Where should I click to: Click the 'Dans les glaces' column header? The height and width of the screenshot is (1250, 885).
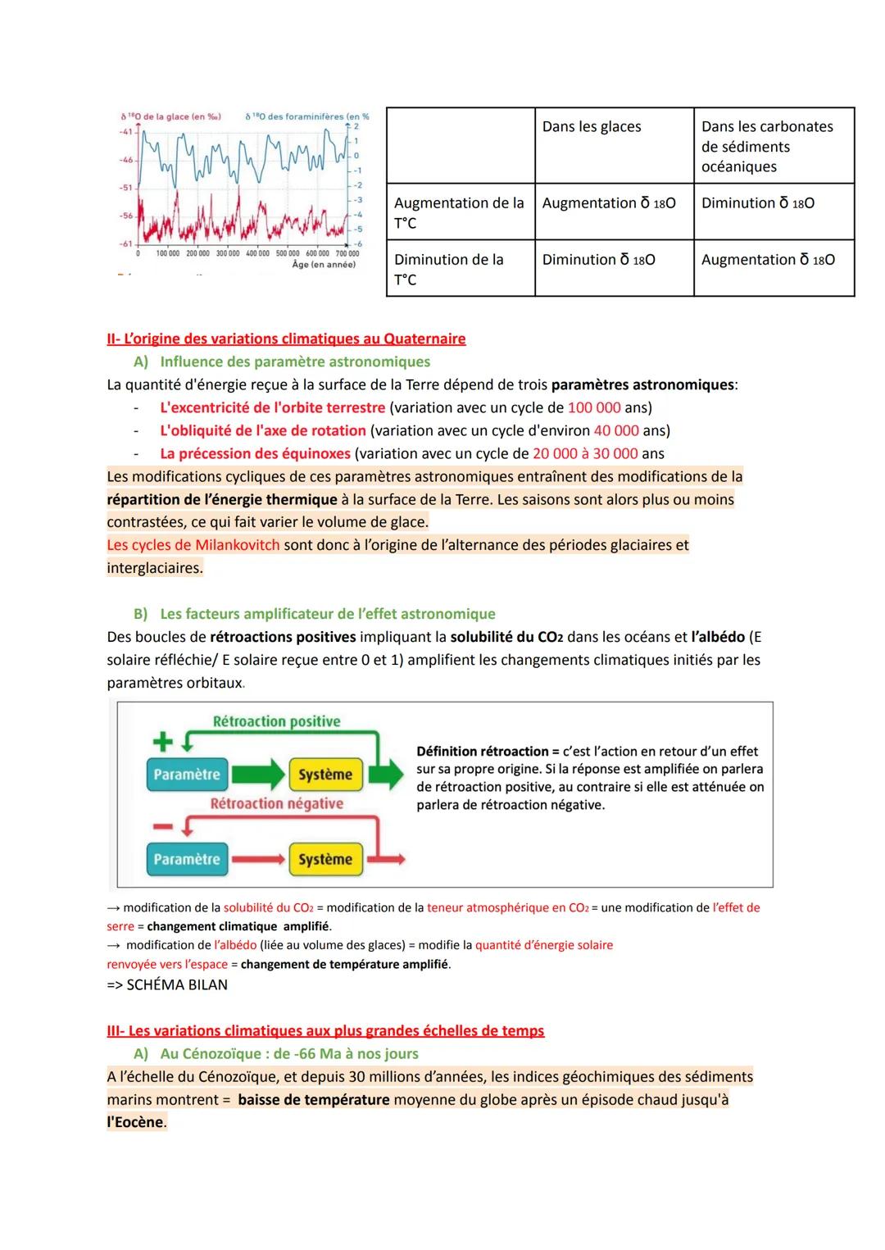pos(591,127)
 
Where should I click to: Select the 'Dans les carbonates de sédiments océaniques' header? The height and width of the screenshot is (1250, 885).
pos(766,147)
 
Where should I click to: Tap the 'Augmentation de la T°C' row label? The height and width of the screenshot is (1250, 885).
pos(458,212)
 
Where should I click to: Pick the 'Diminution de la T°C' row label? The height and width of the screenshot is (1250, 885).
pos(448,269)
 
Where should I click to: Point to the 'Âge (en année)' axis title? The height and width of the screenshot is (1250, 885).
pos(324,265)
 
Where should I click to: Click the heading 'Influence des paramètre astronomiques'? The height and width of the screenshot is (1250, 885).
pos(294,361)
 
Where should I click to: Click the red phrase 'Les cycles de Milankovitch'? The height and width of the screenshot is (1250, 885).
pos(193,545)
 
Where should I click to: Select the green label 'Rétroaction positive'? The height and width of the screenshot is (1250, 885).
pos(276,721)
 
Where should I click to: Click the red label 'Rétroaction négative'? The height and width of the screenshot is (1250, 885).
pos(276,803)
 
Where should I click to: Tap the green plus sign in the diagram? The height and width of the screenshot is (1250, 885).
pos(163,742)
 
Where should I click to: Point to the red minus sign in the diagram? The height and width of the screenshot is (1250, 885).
pos(163,827)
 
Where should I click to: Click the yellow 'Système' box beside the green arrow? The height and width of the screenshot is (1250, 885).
pos(324,775)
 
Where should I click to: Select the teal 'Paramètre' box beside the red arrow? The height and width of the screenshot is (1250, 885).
pos(187,859)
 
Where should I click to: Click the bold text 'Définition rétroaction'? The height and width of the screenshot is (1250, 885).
pos(482,751)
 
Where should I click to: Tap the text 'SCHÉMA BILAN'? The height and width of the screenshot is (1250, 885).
pos(177,984)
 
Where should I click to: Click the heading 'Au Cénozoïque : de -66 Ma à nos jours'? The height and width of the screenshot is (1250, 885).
pos(288,1053)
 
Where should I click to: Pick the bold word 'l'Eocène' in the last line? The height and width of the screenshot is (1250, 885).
pos(135,1122)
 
